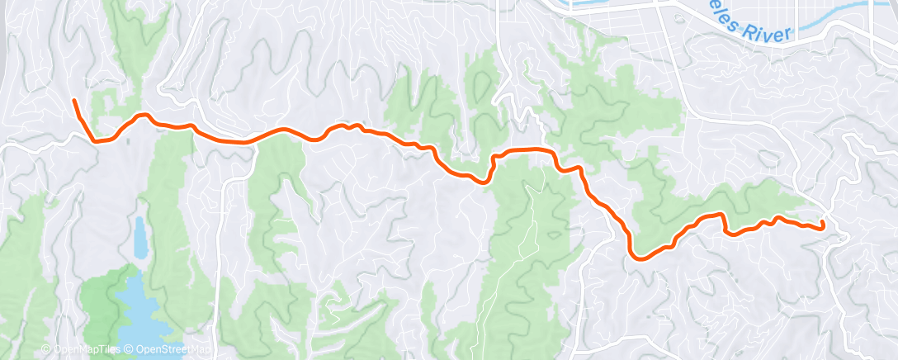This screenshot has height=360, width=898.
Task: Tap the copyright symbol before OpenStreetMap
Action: click(x=130, y=350)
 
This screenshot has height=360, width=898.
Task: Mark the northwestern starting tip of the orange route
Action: click(x=74, y=101)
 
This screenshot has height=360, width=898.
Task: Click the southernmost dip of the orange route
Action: click(x=637, y=257)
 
